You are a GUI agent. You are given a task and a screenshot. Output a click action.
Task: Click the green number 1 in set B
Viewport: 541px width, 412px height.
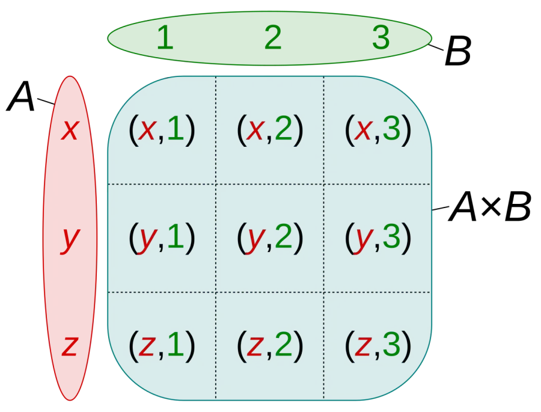[x=165, y=38]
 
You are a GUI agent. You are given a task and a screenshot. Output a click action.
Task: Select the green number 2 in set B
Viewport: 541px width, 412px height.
[x=273, y=38]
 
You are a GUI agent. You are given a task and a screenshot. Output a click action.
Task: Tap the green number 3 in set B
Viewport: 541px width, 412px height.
[x=381, y=38]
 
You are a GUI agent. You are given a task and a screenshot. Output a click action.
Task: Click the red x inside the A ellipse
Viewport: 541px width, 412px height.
[x=70, y=130]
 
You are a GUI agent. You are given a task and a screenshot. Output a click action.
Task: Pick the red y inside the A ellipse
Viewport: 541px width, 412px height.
[x=70, y=241]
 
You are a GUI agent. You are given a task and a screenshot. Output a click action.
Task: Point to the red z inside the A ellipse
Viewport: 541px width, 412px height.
[x=70, y=346]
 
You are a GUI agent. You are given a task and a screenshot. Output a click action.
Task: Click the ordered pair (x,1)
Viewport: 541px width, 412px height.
[x=162, y=130]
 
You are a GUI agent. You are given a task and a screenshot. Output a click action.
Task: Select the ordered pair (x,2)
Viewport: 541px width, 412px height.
[x=270, y=130]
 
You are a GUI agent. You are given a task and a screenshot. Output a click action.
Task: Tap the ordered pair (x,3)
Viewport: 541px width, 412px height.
[x=378, y=130]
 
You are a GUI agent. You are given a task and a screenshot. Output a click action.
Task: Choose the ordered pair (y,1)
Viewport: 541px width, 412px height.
[x=162, y=238]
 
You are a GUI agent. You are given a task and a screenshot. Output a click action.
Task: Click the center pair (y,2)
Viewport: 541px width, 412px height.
[x=270, y=238]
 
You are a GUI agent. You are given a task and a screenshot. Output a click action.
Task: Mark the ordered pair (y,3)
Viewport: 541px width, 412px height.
[x=378, y=238]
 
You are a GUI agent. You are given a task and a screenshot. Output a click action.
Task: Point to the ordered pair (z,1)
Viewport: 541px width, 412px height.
[x=162, y=346]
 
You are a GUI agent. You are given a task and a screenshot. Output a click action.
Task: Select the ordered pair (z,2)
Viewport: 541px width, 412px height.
[x=270, y=346]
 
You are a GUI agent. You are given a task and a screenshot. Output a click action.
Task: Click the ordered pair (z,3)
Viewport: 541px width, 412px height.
[x=378, y=346]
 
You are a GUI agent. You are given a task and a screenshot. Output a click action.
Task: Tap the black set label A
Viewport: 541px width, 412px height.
[x=21, y=96]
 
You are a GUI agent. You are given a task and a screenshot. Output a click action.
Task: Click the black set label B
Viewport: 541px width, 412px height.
[x=458, y=51]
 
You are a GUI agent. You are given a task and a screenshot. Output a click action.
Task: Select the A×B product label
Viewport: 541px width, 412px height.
[x=490, y=207]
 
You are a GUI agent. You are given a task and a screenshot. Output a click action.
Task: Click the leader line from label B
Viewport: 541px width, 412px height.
[x=436, y=48]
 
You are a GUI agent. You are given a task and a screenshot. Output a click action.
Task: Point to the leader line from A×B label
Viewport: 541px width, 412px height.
[x=441, y=208]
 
